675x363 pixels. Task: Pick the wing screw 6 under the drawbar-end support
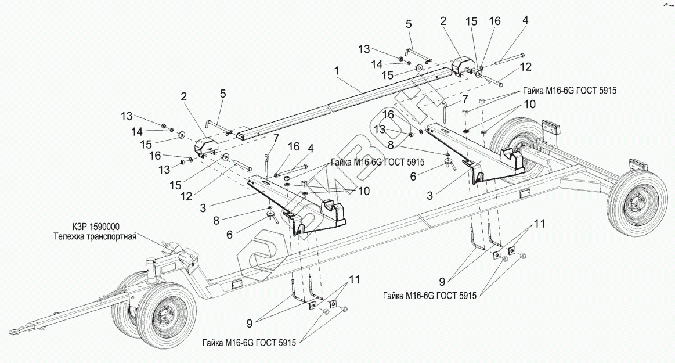tap(270, 217)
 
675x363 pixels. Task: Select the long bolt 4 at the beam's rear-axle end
tap(511, 59)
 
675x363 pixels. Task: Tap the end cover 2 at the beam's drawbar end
tap(206, 148)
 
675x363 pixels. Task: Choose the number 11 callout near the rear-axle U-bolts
tap(539, 224)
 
